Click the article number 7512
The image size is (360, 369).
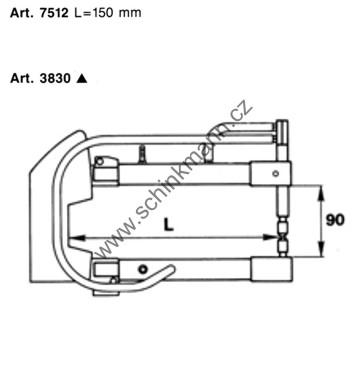tap(54, 13)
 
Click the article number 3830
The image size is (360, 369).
tap(55, 78)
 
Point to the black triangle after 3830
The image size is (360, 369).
tap(82, 78)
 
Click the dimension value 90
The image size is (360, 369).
tap(335, 220)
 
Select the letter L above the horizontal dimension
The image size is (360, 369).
tap(169, 225)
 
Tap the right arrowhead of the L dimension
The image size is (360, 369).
tap(271, 237)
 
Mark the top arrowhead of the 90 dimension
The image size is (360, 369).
tap(321, 193)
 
